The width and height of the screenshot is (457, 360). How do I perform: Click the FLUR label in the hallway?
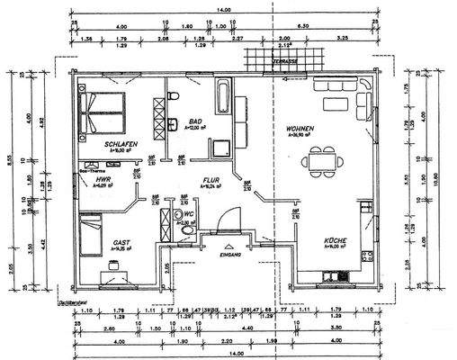click(211, 179)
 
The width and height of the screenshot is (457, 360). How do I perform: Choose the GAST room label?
click(122, 243)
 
